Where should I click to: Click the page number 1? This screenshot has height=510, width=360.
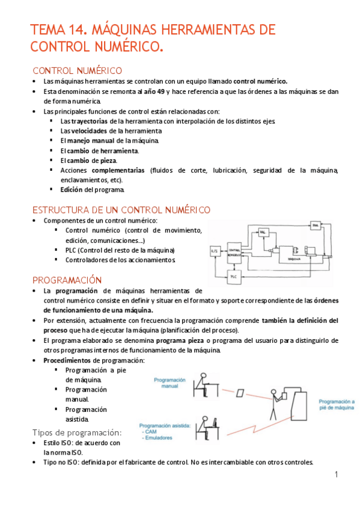[337, 475]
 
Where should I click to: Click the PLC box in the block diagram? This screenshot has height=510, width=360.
[235, 277]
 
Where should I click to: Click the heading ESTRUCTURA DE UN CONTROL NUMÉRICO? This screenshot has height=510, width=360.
[121, 210]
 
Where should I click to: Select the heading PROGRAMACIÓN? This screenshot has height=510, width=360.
[67, 280]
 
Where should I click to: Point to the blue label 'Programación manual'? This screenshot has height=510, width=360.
[169, 383]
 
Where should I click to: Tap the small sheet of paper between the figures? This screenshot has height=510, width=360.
[240, 393]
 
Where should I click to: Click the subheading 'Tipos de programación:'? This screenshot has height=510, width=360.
[76, 432]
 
